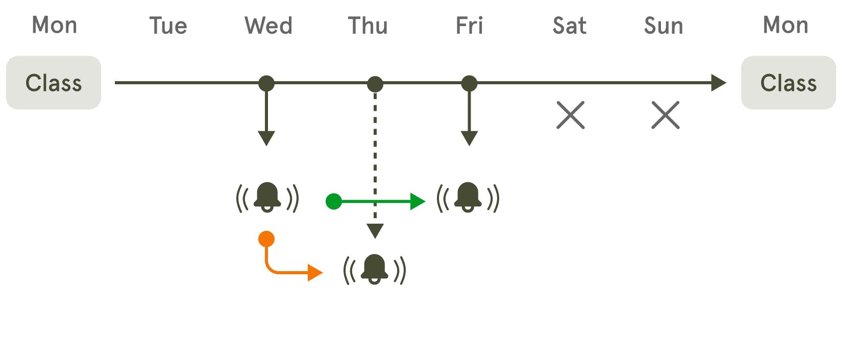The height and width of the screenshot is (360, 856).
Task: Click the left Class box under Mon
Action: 54,83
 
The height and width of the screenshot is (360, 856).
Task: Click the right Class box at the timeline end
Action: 788,83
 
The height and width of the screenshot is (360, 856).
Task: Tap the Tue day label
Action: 168,26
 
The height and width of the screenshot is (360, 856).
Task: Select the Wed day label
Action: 269,26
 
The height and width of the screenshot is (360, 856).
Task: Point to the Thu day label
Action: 368,26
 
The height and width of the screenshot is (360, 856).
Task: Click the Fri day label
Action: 470,26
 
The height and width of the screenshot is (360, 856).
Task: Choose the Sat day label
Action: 570,26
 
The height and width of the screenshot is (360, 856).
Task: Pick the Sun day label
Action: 664,26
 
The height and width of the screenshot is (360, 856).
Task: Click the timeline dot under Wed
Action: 266,83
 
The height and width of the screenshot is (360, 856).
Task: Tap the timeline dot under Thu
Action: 375,84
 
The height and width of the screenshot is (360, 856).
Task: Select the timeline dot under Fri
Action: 469,83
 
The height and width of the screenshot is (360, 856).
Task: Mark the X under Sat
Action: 570,115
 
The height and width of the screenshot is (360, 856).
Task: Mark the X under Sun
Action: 665,115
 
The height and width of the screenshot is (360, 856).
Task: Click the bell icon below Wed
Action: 267,197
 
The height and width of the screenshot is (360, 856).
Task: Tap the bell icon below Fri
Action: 468,197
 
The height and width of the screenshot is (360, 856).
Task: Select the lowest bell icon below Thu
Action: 375,269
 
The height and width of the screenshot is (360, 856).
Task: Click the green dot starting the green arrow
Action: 333,202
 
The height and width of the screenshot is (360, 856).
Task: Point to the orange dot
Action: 266,238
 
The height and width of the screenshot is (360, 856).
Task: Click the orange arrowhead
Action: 315,273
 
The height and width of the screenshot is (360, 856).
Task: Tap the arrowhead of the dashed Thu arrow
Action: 375,231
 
